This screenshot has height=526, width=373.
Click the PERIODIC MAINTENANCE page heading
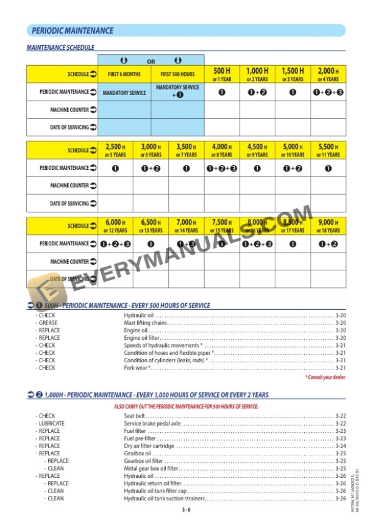pos(72,30)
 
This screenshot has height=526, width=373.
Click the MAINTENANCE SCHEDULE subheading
pos(60,47)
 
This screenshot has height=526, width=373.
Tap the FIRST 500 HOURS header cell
pos(177,74)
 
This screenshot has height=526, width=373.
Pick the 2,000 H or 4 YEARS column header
pos(328,75)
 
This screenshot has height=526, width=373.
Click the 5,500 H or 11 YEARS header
pos(328,150)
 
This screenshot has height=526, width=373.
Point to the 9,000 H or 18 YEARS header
pos(328,226)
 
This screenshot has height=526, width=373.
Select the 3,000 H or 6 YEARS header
pos(151,150)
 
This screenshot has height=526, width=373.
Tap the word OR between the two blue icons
pos(151,61)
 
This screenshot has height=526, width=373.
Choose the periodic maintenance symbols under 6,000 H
pos(115,244)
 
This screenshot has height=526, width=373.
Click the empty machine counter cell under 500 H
pos(221,110)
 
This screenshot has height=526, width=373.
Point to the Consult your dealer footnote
pos(325,377)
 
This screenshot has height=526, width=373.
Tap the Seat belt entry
pos(135,416)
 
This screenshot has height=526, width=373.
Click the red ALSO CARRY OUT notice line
pos(186,406)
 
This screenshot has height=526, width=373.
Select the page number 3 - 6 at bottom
pos(186,510)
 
